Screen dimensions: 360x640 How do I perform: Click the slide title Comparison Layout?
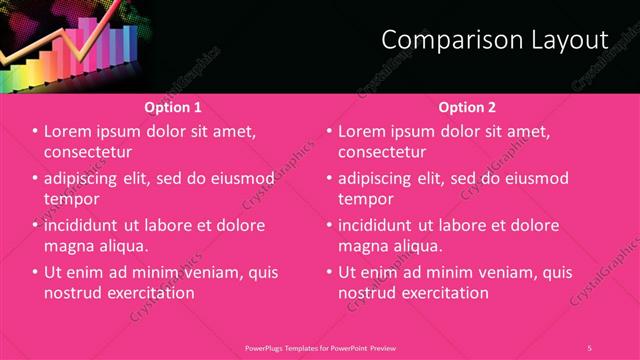point(495,40)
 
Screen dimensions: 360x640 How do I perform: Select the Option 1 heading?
point(173,107)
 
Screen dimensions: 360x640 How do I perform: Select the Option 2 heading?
point(467,107)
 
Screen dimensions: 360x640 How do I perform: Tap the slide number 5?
point(589,348)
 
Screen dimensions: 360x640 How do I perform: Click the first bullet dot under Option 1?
point(35,131)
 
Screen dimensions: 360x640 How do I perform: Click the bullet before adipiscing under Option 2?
point(329,178)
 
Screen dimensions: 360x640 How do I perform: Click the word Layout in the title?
point(570,40)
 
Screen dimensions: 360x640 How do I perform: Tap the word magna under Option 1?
point(70,246)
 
